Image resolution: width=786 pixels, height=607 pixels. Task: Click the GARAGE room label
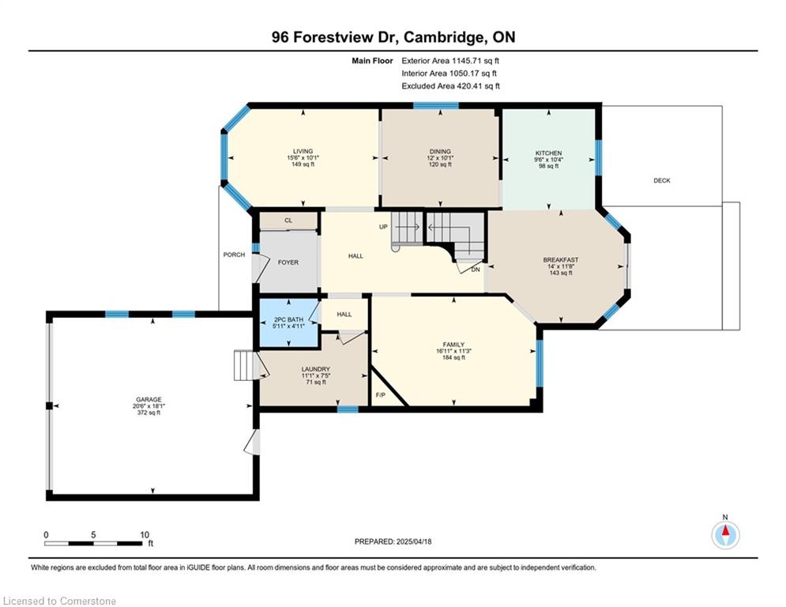(149, 400)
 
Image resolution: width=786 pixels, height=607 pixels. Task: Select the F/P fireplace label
(381, 395)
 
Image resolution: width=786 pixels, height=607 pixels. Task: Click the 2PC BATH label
(289, 319)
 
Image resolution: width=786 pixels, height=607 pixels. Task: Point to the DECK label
(662, 180)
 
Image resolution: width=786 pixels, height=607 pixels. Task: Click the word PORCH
(234, 254)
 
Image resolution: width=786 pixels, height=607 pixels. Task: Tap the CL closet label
(288, 221)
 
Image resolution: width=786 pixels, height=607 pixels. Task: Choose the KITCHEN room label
(548, 153)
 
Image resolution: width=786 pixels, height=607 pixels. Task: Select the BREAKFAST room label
(560, 260)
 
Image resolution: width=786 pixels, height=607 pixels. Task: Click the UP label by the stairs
(383, 227)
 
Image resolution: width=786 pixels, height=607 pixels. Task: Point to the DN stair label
(476, 270)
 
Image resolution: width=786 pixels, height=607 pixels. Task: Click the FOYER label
(288, 262)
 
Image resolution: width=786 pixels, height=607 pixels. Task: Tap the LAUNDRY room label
(316, 369)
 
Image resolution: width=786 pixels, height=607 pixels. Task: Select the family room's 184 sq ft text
(453, 358)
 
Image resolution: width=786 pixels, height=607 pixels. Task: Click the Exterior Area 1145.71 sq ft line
(450, 61)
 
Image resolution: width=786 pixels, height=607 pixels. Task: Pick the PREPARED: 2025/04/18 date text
(393, 541)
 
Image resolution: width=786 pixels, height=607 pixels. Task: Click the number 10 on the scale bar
(145, 535)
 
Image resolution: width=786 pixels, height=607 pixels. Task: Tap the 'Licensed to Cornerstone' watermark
(59, 601)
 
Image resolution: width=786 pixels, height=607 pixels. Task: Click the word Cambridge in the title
(444, 38)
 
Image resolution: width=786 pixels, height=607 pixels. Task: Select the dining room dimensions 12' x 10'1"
(440, 158)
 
